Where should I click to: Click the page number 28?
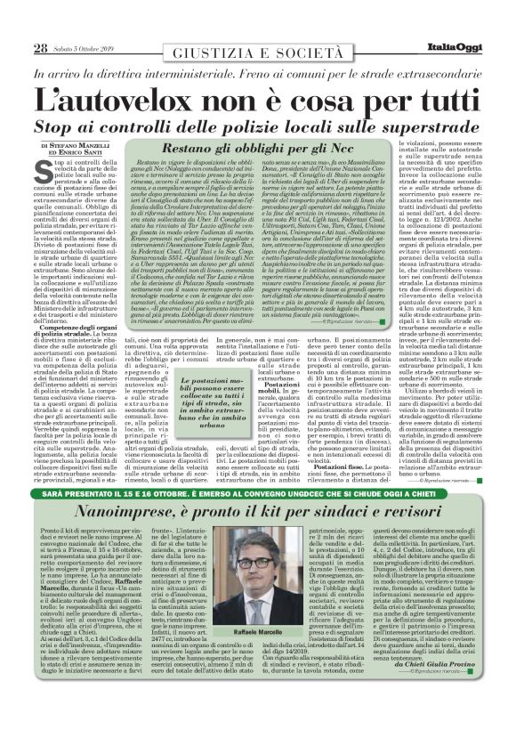[x=40, y=48]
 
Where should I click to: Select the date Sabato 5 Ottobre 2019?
[x=87, y=49]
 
